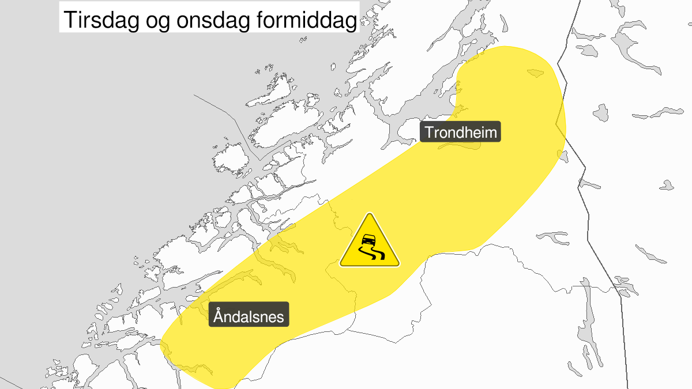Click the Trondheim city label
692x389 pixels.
tap(461, 133)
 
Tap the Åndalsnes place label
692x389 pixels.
tap(249, 316)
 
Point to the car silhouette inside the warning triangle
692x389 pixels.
tap(367, 240)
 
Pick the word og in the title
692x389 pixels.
tap(156, 22)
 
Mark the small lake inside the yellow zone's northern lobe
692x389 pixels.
tap(535, 73)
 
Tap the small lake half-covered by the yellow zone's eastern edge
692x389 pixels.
tap(562, 155)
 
